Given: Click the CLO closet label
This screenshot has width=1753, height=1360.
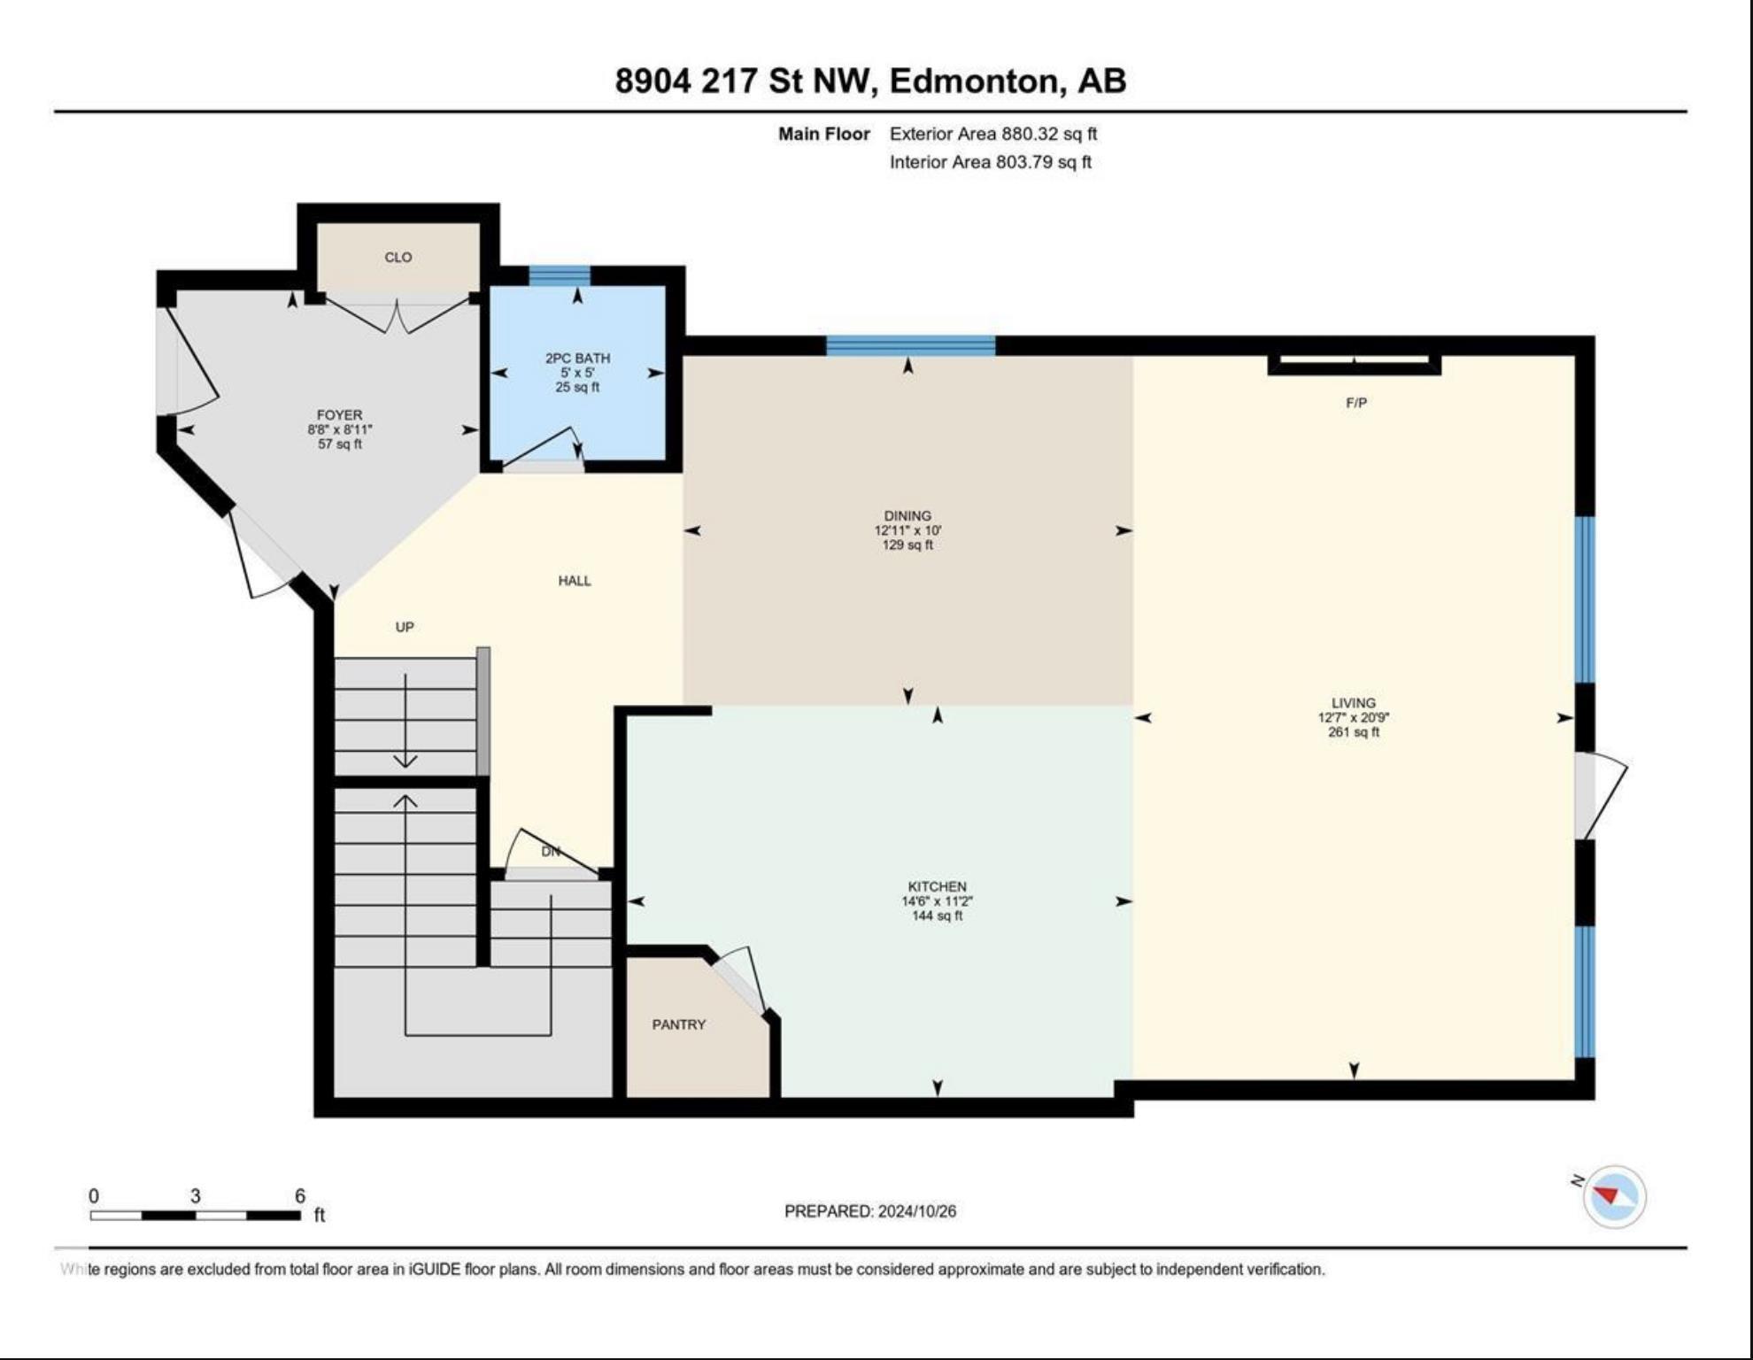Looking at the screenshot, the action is click(x=398, y=257).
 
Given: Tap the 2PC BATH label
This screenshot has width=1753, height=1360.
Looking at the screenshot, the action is click(x=577, y=358).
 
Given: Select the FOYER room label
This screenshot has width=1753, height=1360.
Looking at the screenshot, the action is click(x=339, y=414).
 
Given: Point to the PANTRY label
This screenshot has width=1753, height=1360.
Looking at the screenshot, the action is click(x=679, y=1024).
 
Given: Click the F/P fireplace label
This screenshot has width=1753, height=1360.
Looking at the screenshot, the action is click(x=1355, y=403).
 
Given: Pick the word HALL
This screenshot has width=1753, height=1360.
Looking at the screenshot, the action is click(x=575, y=581).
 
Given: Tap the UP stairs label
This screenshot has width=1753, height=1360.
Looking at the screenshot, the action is click(x=405, y=627).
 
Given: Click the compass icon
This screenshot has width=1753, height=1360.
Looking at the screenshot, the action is click(x=1614, y=1196).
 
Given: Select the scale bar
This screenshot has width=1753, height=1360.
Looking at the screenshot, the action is click(x=196, y=1215).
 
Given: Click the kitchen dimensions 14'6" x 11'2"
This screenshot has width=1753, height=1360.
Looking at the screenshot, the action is click(x=937, y=901).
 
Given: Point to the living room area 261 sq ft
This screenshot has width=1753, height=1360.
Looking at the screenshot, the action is click(x=1354, y=732).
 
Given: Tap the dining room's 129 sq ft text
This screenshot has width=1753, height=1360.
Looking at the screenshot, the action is click(x=907, y=545).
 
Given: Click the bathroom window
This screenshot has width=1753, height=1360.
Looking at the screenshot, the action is click(x=560, y=275).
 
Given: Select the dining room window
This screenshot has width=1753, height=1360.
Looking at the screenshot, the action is click(x=910, y=345).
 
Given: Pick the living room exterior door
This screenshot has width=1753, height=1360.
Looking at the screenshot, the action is click(x=1599, y=795).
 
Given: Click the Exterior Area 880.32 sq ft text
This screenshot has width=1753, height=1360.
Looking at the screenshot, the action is click(x=993, y=134).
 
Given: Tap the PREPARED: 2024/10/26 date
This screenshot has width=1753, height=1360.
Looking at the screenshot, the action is click(x=870, y=1211).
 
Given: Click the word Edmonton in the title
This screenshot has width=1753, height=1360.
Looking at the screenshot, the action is click(x=974, y=81).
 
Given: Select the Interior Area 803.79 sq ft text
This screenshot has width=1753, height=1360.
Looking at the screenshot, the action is click(x=991, y=162).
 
